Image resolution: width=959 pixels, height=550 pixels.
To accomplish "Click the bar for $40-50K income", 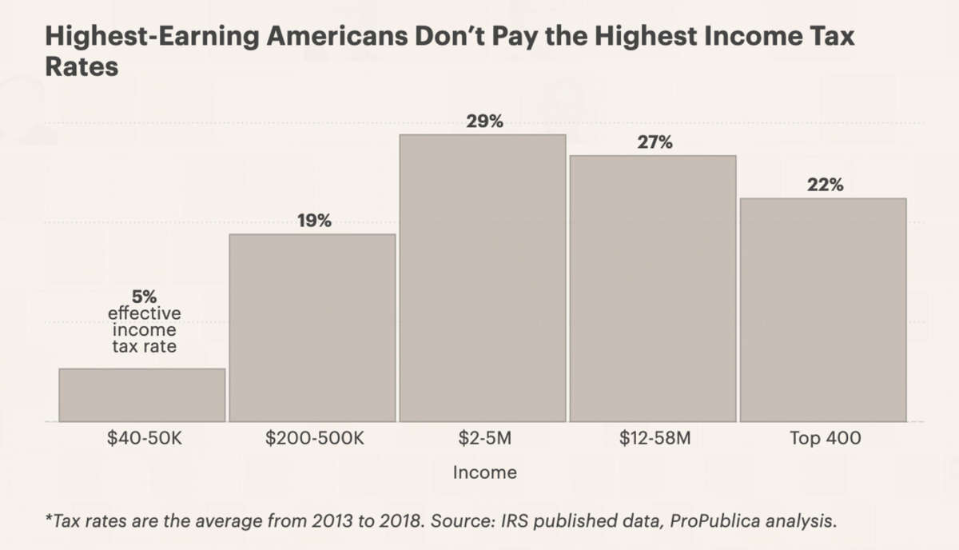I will [142, 395].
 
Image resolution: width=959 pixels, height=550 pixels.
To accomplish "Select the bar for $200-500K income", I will [312, 328].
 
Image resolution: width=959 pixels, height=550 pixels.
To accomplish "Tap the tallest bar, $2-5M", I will [483, 278].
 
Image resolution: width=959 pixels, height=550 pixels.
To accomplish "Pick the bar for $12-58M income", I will [653, 289].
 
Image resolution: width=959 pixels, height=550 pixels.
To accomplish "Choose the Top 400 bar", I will [823, 310].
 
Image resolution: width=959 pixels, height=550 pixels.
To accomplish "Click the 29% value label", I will [484, 122].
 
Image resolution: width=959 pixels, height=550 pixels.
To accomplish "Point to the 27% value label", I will [655, 143].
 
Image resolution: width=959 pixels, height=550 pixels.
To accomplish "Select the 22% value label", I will [825, 185].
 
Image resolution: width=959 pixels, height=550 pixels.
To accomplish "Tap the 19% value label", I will [314, 221].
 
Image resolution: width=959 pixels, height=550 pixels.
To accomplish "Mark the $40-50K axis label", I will [144, 438].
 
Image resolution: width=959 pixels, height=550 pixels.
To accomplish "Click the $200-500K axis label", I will [314, 438].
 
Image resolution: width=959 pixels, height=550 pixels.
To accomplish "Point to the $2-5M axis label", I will [484, 438].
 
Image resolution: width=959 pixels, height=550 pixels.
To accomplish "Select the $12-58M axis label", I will [655, 438].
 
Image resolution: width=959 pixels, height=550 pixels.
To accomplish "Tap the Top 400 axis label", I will [825, 438].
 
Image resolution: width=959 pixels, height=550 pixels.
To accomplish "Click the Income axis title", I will [484, 472].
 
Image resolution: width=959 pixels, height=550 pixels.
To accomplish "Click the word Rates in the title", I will [81, 67].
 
